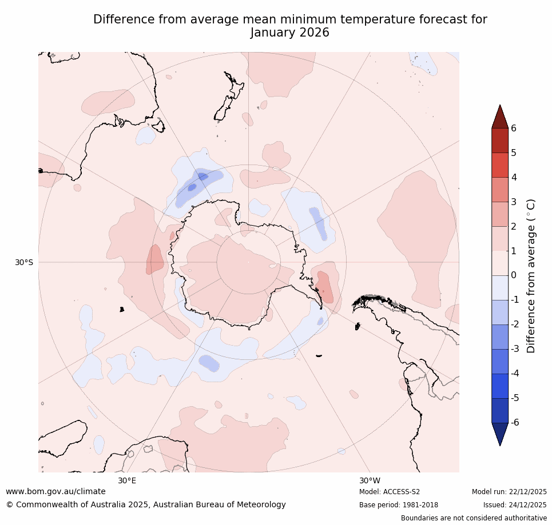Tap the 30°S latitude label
(24, 262)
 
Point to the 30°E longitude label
(127, 480)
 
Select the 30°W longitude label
(370, 480)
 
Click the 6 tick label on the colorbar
(514, 128)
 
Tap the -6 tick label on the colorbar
(515, 422)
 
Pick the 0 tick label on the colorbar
(514, 275)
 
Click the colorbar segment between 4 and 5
(501, 165)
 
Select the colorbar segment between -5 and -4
(501, 386)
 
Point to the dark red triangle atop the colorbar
(501, 118)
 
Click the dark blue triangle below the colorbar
(501, 433)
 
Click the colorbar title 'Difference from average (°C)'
(531, 275)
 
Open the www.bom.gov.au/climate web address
(56, 491)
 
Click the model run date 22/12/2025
(527, 492)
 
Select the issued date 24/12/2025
(527, 505)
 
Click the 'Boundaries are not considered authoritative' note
(474, 518)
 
